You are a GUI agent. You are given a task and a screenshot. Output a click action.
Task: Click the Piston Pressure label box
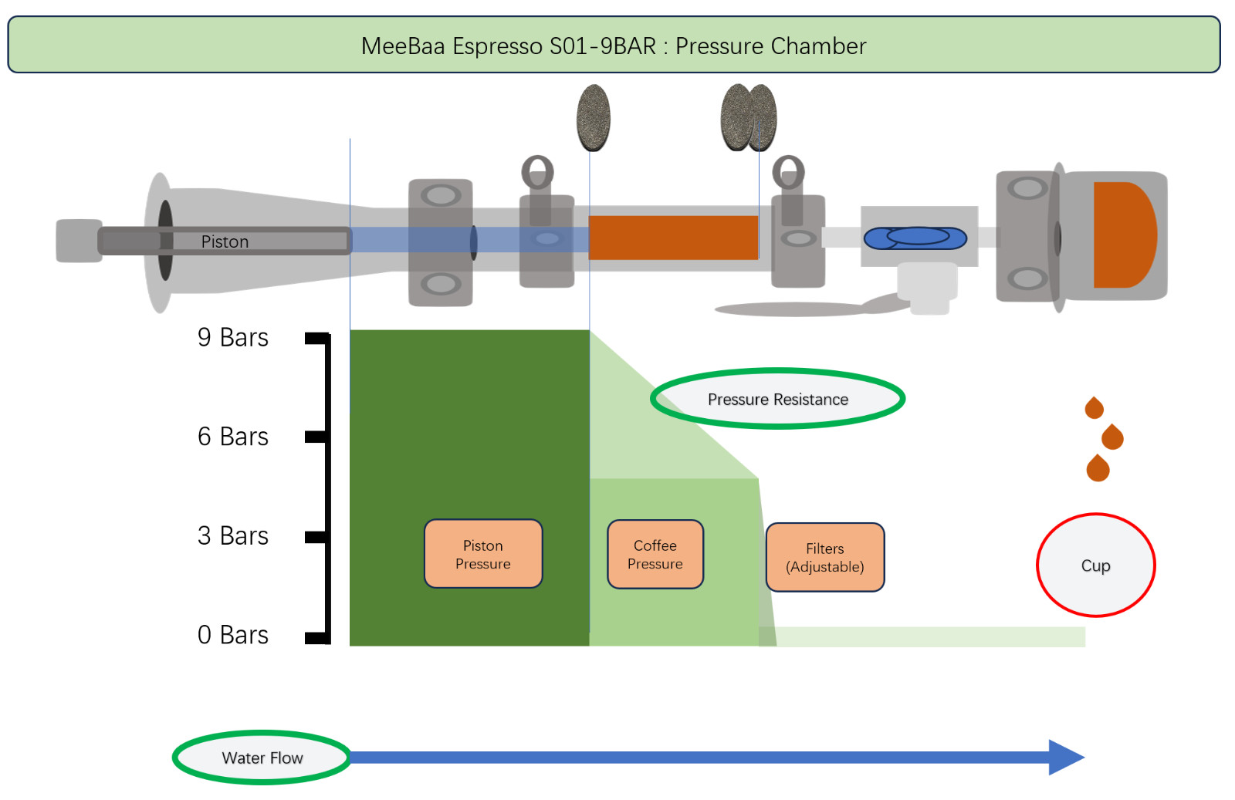[483, 554]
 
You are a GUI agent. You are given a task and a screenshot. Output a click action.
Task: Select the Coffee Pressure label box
[655, 554]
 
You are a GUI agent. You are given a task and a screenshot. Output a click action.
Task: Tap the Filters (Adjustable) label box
[825, 557]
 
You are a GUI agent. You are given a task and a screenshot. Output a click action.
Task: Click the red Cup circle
[1095, 565]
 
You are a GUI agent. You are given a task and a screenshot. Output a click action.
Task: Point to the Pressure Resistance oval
[777, 399]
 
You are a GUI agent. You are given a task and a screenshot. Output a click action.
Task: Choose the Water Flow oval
[262, 758]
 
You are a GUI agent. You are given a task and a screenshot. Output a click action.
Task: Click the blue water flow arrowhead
[1065, 758]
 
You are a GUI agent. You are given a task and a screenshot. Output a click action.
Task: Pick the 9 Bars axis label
[233, 337]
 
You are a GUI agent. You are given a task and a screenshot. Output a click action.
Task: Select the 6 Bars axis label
[233, 437]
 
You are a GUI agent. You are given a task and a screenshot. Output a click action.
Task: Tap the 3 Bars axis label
[233, 535]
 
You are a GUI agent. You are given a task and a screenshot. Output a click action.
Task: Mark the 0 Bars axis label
[233, 635]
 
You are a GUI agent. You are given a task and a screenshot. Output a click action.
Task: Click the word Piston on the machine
[225, 241]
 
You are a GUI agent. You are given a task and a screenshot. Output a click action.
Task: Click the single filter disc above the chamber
[594, 118]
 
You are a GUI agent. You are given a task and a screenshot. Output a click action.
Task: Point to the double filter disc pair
[749, 118]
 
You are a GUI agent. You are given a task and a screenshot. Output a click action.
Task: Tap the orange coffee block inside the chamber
[673, 238]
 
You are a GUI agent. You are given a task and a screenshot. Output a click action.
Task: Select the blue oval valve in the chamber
[915, 238]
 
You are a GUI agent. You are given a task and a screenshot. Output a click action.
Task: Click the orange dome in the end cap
[1124, 235]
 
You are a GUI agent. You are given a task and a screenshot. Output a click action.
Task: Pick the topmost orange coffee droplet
[1094, 407]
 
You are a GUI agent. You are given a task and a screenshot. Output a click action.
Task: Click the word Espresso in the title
[497, 46]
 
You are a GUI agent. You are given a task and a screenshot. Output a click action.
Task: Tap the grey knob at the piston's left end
[78, 241]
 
